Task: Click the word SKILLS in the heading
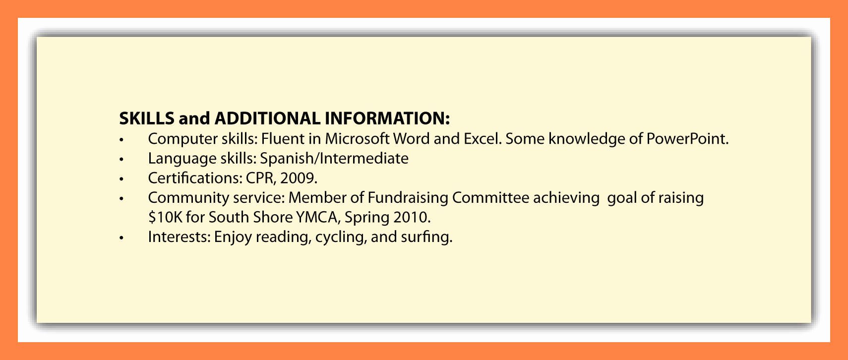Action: pyautogui.click(x=147, y=119)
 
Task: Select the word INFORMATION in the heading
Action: pyautogui.click(x=387, y=119)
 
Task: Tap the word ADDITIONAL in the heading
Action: pyautogui.click(x=267, y=119)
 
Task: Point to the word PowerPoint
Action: pyautogui.click(x=687, y=139)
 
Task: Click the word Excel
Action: pyautogui.click(x=483, y=139)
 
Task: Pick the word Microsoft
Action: pyautogui.click(x=357, y=139)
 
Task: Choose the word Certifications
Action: pyautogui.click(x=195, y=179)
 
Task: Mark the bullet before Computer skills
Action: pyautogui.click(x=121, y=140)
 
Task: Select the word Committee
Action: pyautogui.click(x=490, y=198)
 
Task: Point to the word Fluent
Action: pyautogui.click(x=283, y=139)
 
